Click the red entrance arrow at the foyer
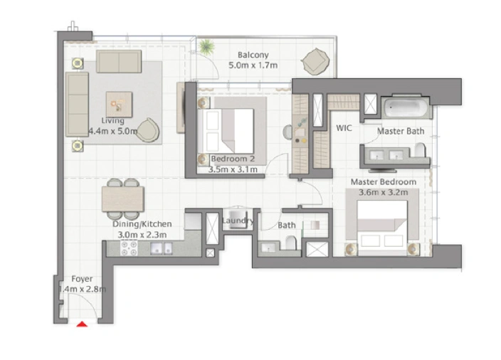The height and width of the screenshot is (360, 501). [x=82, y=324]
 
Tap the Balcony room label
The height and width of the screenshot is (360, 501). [x=253, y=55]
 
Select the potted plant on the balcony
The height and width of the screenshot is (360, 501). [x=206, y=46]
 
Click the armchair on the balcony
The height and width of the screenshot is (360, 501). [x=315, y=62]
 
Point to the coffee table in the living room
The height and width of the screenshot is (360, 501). [x=119, y=105]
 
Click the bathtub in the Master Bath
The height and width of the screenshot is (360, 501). [x=406, y=107]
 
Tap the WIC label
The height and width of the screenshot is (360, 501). [x=344, y=128]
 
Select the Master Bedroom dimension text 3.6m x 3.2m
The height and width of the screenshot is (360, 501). [x=383, y=192]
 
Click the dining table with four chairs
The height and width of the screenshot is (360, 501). [x=123, y=199]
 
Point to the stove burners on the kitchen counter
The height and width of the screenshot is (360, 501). [x=129, y=248]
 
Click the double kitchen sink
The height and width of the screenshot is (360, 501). [x=162, y=248]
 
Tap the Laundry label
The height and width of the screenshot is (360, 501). [x=238, y=221]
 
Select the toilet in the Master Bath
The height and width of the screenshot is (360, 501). [x=420, y=150]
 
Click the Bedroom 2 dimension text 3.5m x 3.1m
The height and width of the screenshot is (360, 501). [x=233, y=169]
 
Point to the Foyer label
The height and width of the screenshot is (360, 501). [x=82, y=279]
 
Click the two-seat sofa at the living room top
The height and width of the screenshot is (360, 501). [x=119, y=61]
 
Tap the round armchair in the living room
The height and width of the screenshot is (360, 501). [x=148, y=130]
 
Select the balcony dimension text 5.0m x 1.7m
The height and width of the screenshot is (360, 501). [x=253, y=65]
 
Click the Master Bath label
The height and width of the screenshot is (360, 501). [x=401, y=131]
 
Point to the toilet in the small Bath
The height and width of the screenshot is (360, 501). [x=290, y=243]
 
